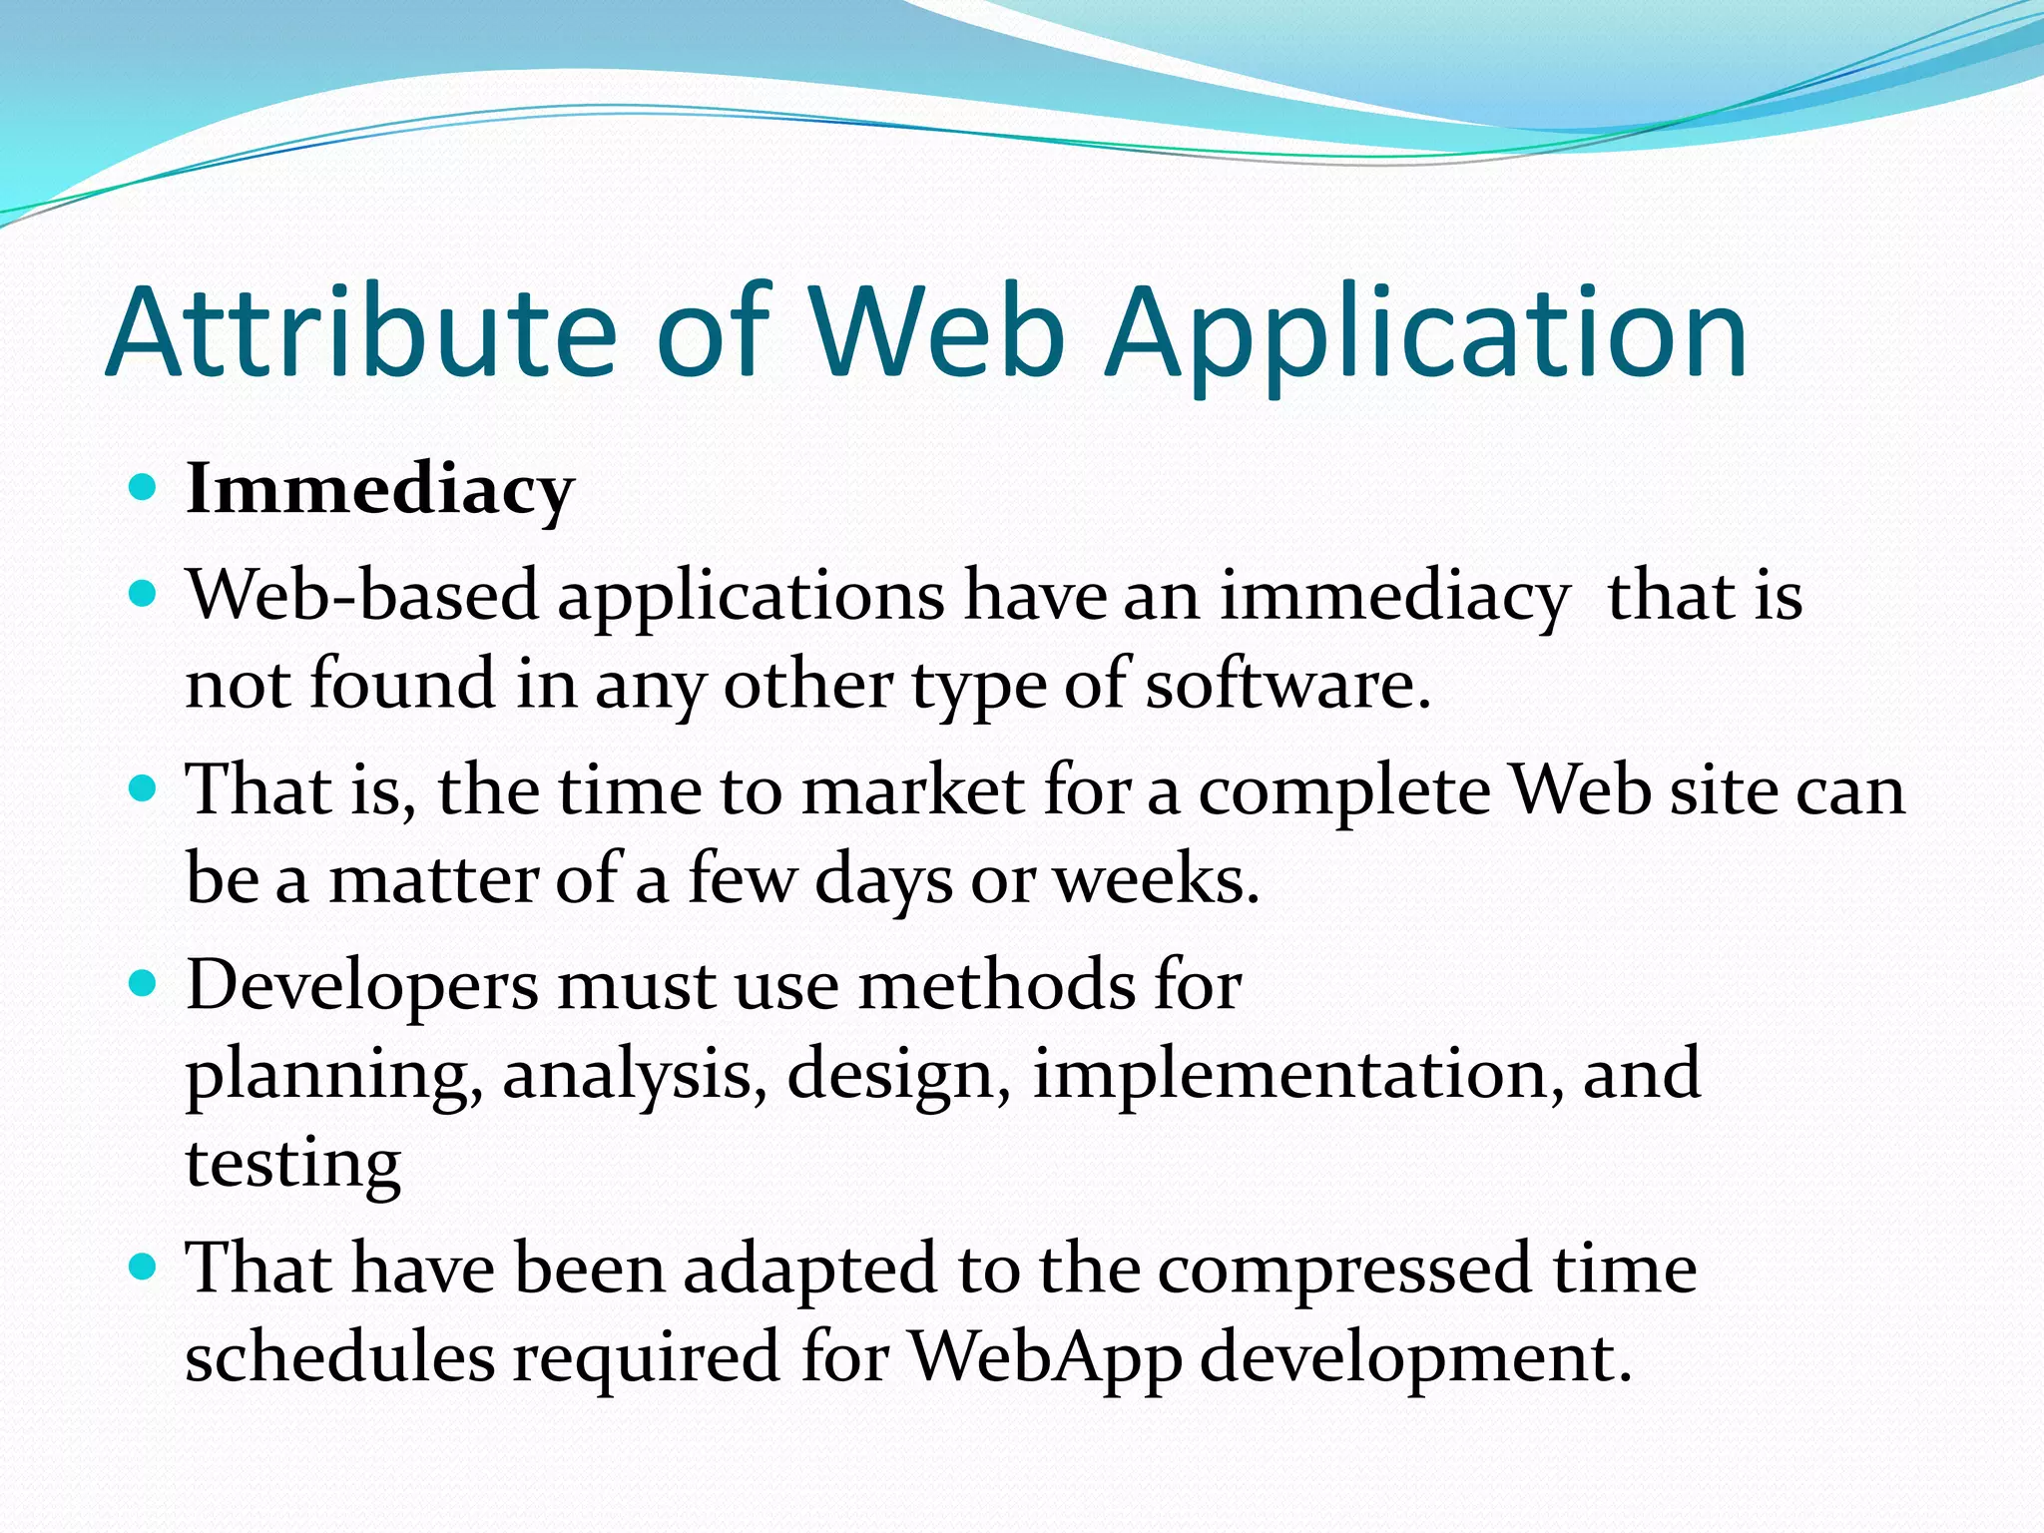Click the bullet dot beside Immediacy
(144, 488)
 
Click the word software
(1287, 685)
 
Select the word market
(913, 790)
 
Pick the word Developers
(361, 986)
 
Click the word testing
(293, 1164)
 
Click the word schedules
(339, 1358)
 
